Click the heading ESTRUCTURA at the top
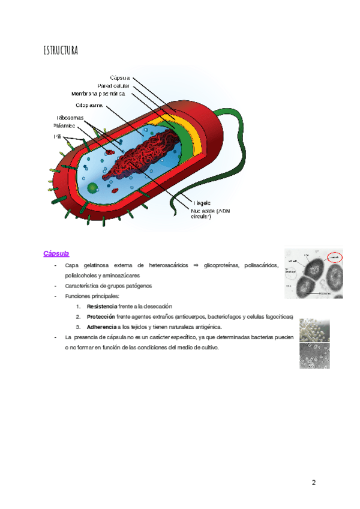click(x=60, y=50)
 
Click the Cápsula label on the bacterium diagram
click(x=120, y=77)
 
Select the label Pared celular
click(x=113, y=86)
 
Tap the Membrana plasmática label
click(x=98, y=94)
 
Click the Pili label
click(x=58, y=137)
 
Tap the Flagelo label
click(x=201, y=202)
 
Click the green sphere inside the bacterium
click(x=92, y=188)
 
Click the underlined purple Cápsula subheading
click(x=56, y=253)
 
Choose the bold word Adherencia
click(x=102, y=327)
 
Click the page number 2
click(x=313, y=483)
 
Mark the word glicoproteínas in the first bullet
click(x=223, y=265)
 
